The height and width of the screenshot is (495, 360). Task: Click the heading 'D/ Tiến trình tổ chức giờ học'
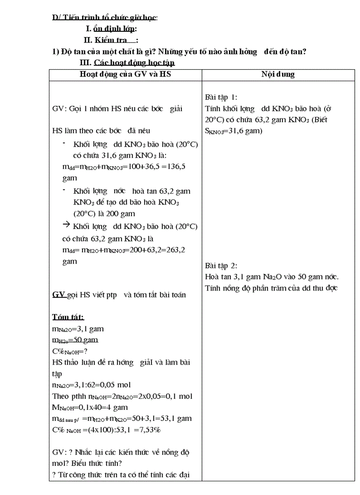pos(105,18)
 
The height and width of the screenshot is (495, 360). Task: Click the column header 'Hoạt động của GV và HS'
pos(125,74)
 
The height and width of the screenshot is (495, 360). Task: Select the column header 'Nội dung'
pos(278,74)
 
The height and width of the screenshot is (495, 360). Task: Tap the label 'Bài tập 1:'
pos(221,97)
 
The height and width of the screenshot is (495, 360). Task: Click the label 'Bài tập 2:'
pos(221,265)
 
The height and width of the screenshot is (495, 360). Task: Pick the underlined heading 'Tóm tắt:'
pos(68,317)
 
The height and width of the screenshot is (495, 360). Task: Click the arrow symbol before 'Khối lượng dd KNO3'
pos(67,225)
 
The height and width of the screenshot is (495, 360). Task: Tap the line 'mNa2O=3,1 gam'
pos(78,329)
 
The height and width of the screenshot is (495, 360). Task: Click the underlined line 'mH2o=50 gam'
pos(75,340)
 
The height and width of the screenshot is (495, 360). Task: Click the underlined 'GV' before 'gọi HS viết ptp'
pos(59,295)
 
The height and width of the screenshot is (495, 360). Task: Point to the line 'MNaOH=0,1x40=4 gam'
pos(90,407)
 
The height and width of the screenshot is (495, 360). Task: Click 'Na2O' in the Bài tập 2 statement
pos(274,277)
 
